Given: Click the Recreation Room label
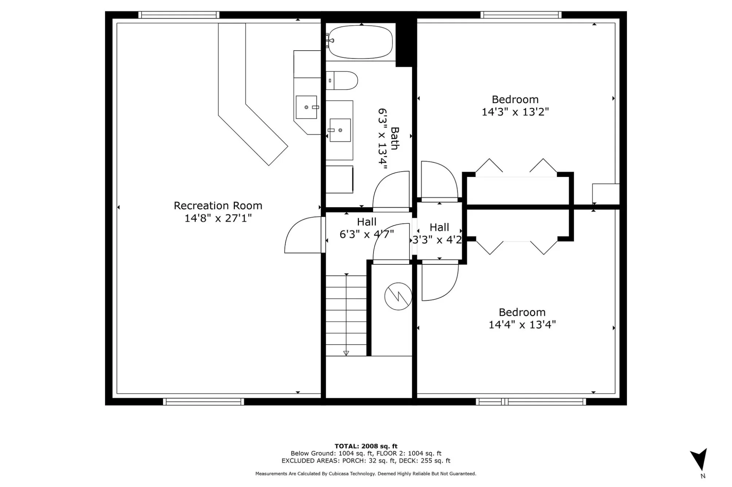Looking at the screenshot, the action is coord(218,206).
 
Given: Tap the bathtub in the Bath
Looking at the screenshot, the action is coord(360,42).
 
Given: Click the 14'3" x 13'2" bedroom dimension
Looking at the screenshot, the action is coord(515,112).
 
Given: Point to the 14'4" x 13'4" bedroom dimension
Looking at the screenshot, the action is coord(522,325).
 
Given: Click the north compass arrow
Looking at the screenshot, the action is coord(700,459).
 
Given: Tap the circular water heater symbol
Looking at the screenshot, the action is coord(398,296).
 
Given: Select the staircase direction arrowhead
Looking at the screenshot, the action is coord(346,353).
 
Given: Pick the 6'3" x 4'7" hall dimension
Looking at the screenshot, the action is coord(367,234).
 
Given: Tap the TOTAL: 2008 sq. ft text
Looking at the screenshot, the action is coord(366,446).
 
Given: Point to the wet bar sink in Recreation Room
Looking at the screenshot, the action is coord(306,107).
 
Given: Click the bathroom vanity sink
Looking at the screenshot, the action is coord(340,130).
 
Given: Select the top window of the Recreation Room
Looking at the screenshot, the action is coord(179,15).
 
